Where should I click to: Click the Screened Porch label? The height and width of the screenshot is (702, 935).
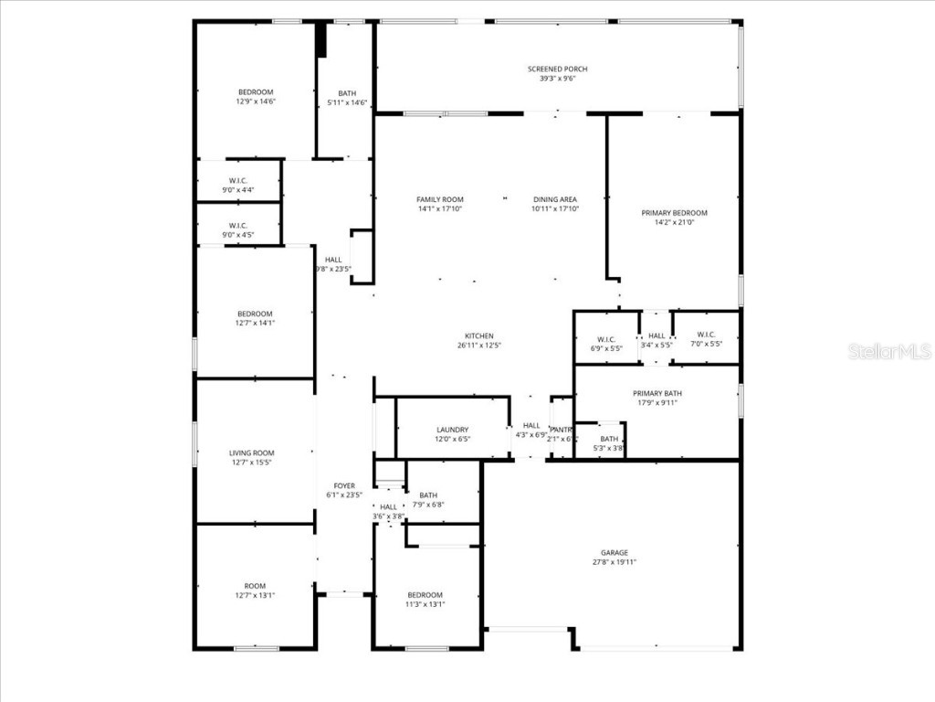click(x=557, y=69)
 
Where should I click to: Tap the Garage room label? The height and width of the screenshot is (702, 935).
click(x=614, y=553)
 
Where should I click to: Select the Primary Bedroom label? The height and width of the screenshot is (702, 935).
click(x=674, y=213)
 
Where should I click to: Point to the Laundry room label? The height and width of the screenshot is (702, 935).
click(x=452, y=430)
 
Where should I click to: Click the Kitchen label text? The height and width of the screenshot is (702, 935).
click(x=479, y=336)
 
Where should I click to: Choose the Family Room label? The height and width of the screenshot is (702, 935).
click(x=440, y=199)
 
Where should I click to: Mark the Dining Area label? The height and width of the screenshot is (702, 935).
click(x=555, y=199)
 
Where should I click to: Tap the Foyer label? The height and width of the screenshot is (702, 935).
click(x=344, y=486)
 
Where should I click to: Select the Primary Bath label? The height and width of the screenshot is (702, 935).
click(x=657, y=394)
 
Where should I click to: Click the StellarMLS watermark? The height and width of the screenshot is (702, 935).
click(x=888, y=351)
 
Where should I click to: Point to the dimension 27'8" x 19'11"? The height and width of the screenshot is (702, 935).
click(x=614, y=562)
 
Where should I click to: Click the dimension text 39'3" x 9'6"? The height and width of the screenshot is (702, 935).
click(x=557, y=79)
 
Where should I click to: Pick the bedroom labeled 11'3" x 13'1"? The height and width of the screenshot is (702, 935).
click(x=425, y=600)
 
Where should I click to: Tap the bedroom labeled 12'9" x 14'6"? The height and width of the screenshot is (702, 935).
click(x=256, y=97)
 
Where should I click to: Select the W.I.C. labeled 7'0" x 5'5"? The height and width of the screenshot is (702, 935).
click(x=705, y=339)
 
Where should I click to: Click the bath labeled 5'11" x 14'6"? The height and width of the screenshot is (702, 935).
click(x=347, y=98)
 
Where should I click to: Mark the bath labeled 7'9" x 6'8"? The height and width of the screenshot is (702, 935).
click(x=428, y=500)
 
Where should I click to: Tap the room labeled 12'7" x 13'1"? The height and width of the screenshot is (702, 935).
click(x=255, y=590)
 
